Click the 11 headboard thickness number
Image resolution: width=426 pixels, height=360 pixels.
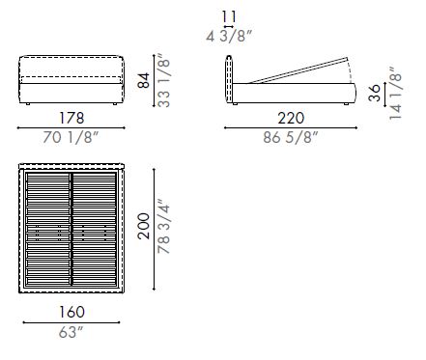[x=228, y=16]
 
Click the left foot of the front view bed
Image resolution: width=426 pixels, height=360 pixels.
[x=30, y=102]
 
